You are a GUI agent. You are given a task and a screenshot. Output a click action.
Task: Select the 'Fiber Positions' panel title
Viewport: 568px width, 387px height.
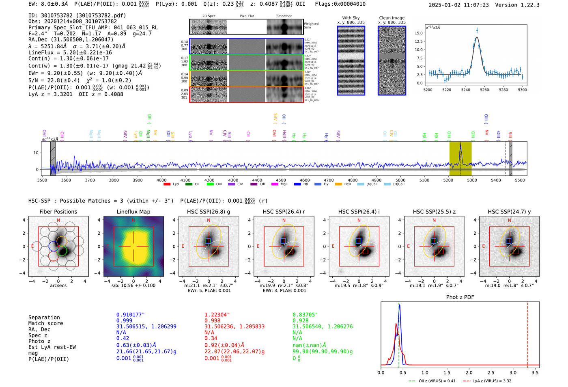[58, 212]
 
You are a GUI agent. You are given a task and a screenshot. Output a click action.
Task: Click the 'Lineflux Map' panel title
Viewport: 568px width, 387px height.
[133, 212]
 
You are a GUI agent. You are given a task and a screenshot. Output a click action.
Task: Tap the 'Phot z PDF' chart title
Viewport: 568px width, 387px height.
[460, 297]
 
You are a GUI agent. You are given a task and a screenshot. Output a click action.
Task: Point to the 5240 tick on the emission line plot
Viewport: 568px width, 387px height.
[465, 90]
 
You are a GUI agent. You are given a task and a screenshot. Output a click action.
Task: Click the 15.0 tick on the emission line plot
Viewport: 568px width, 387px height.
[419, 33]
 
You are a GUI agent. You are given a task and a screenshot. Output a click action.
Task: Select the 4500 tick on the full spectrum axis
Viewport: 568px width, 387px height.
[281, 180]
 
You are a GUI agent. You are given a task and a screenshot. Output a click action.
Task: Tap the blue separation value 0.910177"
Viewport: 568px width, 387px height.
[130, 315]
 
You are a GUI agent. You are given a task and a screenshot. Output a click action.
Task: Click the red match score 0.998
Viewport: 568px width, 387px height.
[212, 320]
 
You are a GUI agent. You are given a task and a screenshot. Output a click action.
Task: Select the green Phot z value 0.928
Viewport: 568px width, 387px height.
[300, 320]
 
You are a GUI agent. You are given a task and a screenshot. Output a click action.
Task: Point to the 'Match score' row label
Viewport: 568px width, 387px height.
[45, 323]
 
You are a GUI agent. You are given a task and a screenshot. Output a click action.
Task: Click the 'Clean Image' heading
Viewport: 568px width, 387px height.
[392, 18]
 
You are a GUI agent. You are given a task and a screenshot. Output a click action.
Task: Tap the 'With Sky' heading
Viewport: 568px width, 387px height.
[351, 18]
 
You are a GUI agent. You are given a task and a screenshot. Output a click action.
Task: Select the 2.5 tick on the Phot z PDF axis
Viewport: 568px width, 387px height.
[491, 372]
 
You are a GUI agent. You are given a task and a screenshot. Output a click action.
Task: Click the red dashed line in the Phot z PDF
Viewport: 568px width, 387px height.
[527, 333]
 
